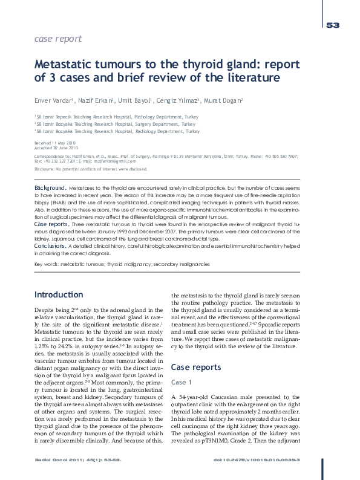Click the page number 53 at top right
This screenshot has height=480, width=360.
[332, 25]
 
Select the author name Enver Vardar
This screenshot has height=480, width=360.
[53, 100]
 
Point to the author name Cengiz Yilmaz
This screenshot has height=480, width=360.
[182, 100]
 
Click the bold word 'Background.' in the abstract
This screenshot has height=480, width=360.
[50, 189]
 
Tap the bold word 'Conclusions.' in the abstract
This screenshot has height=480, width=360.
[51, 246]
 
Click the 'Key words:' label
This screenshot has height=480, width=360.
[47, 265]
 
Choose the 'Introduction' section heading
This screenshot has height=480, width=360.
[58, 294]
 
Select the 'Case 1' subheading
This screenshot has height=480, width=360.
[183, 382]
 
